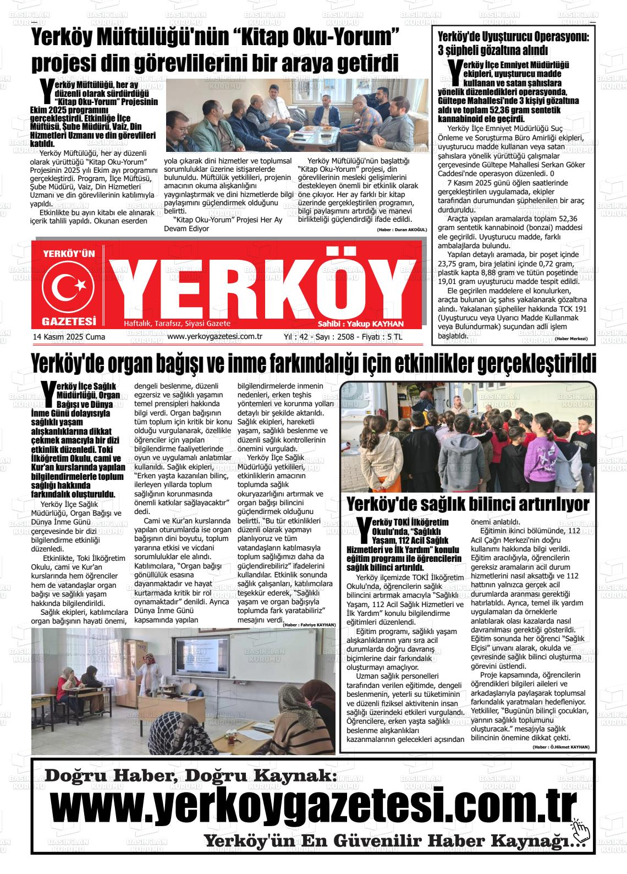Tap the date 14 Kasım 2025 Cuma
tap(69, 337)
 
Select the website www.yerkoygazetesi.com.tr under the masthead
tap(214, 337)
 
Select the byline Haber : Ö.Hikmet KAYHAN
tap(561, 747)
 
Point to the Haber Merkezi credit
tap(571, 338)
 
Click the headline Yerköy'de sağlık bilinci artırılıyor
tap(468, 504)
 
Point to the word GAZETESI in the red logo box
tap(69, 321)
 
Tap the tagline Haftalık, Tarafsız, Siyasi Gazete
tap(177, 323)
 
